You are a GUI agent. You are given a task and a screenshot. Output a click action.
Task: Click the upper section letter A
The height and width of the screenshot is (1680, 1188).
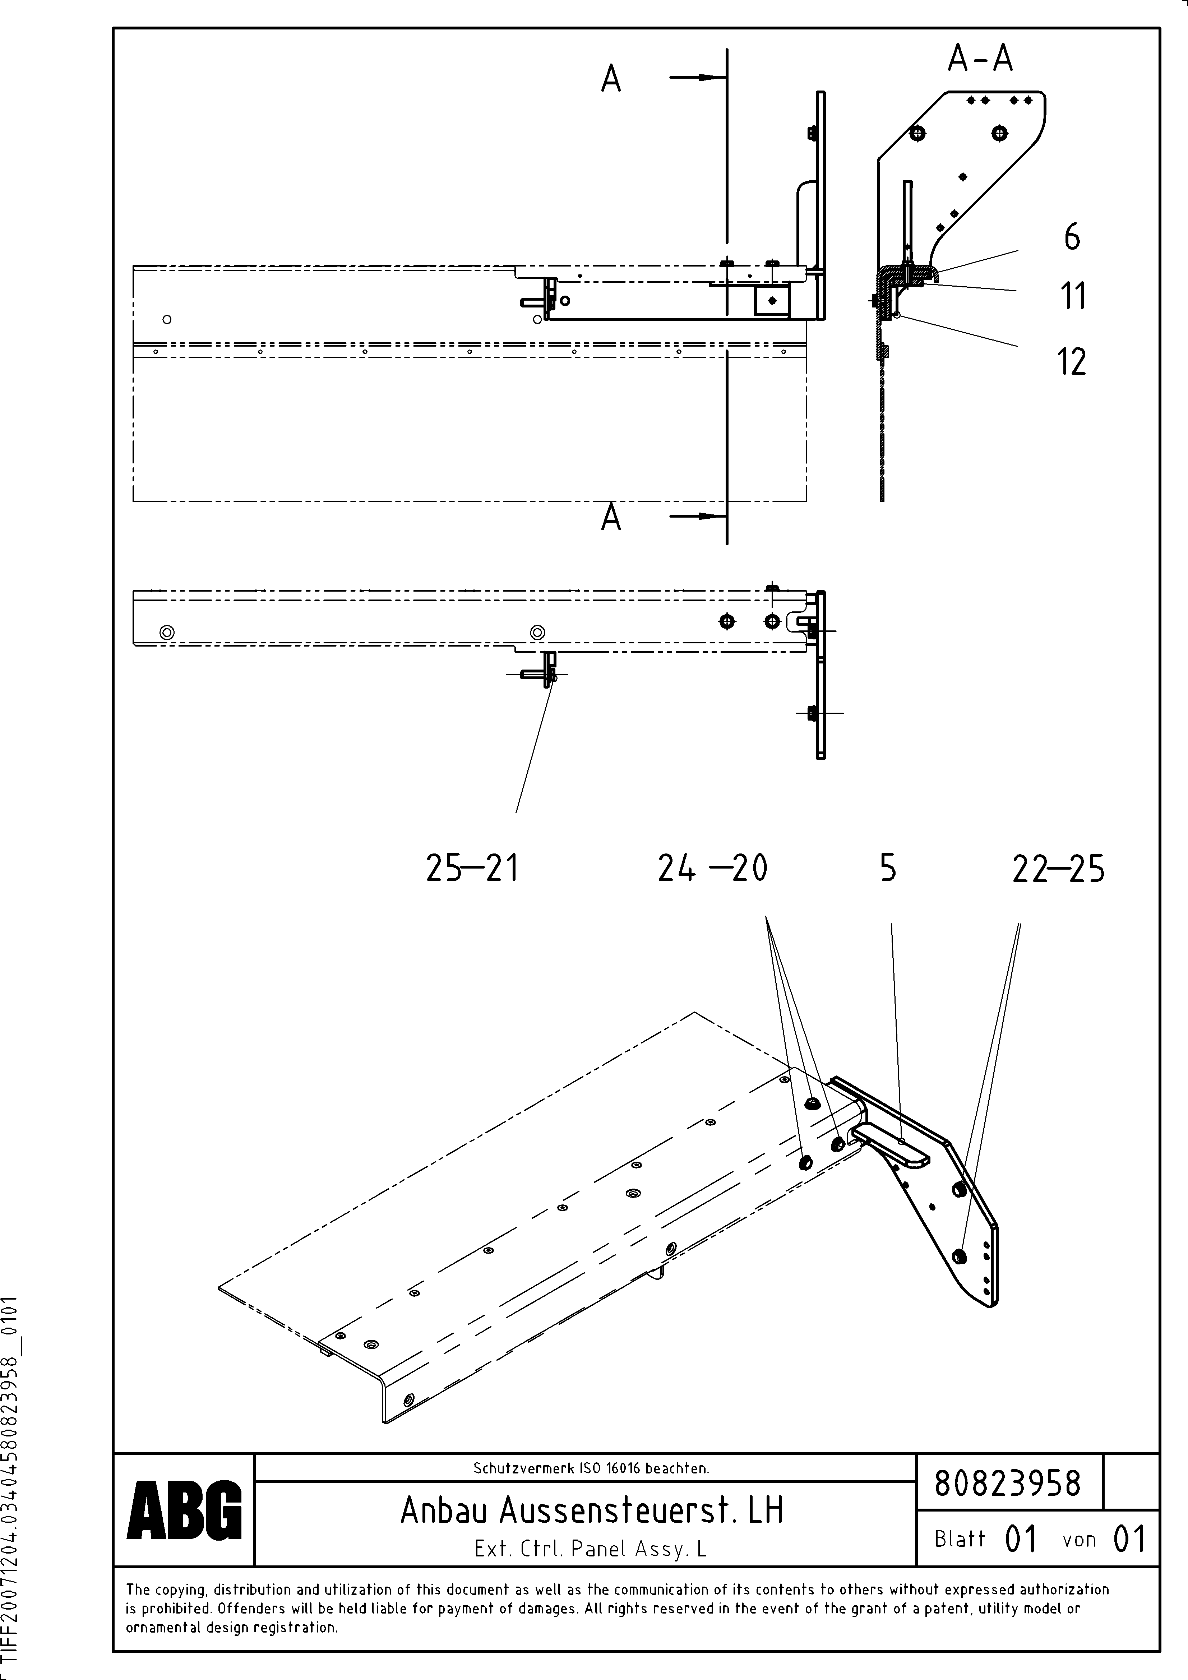pos(611,79)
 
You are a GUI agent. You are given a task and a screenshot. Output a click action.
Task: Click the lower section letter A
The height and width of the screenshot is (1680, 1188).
pos(611,518)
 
